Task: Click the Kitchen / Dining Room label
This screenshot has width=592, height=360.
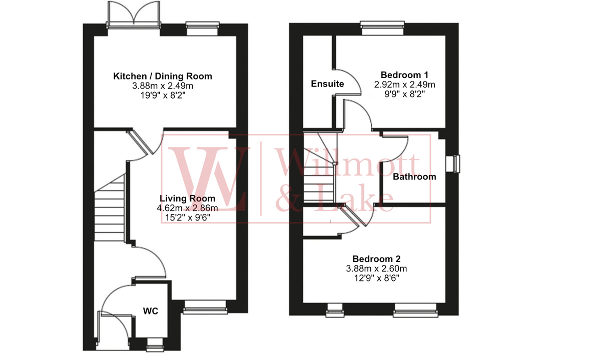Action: [x=163, y=76]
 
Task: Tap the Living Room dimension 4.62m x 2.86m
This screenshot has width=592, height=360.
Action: [x=187, y=208]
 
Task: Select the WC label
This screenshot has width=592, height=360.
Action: [x=151, y=311]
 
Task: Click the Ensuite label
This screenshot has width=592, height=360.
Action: [x=327, y=83]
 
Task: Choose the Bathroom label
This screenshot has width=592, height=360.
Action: [x=414, y=176]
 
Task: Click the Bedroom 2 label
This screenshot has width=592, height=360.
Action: [x=376, y=259]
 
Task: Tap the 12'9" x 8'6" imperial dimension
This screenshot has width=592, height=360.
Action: [x=376, y=277]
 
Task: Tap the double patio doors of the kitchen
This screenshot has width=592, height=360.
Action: [x=133, y=15]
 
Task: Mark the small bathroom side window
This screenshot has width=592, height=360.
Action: [x=456, y=163]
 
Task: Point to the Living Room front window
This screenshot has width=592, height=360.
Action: [x=204, y=307]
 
